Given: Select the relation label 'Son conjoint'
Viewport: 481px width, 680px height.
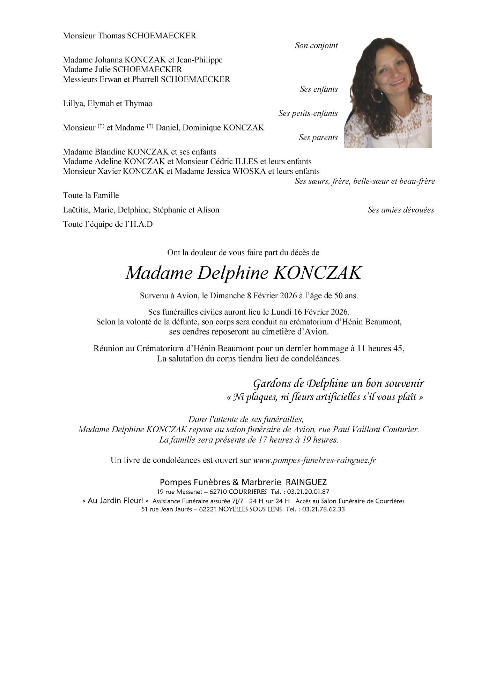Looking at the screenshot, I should click(316, 45).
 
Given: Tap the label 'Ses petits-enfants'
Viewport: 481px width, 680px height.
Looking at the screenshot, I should click(308, 113).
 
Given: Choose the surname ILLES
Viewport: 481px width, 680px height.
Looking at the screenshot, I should click(246, 162).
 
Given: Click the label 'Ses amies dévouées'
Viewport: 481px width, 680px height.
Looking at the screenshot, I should click(401, 210).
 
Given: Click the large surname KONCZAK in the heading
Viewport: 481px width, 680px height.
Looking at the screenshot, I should click(317, 273).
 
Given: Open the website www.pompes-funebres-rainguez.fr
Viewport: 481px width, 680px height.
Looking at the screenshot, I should click(314, 460).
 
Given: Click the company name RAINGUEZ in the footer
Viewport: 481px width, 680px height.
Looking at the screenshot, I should click(306, 482).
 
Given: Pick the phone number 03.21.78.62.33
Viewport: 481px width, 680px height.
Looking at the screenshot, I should click(324, 509).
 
